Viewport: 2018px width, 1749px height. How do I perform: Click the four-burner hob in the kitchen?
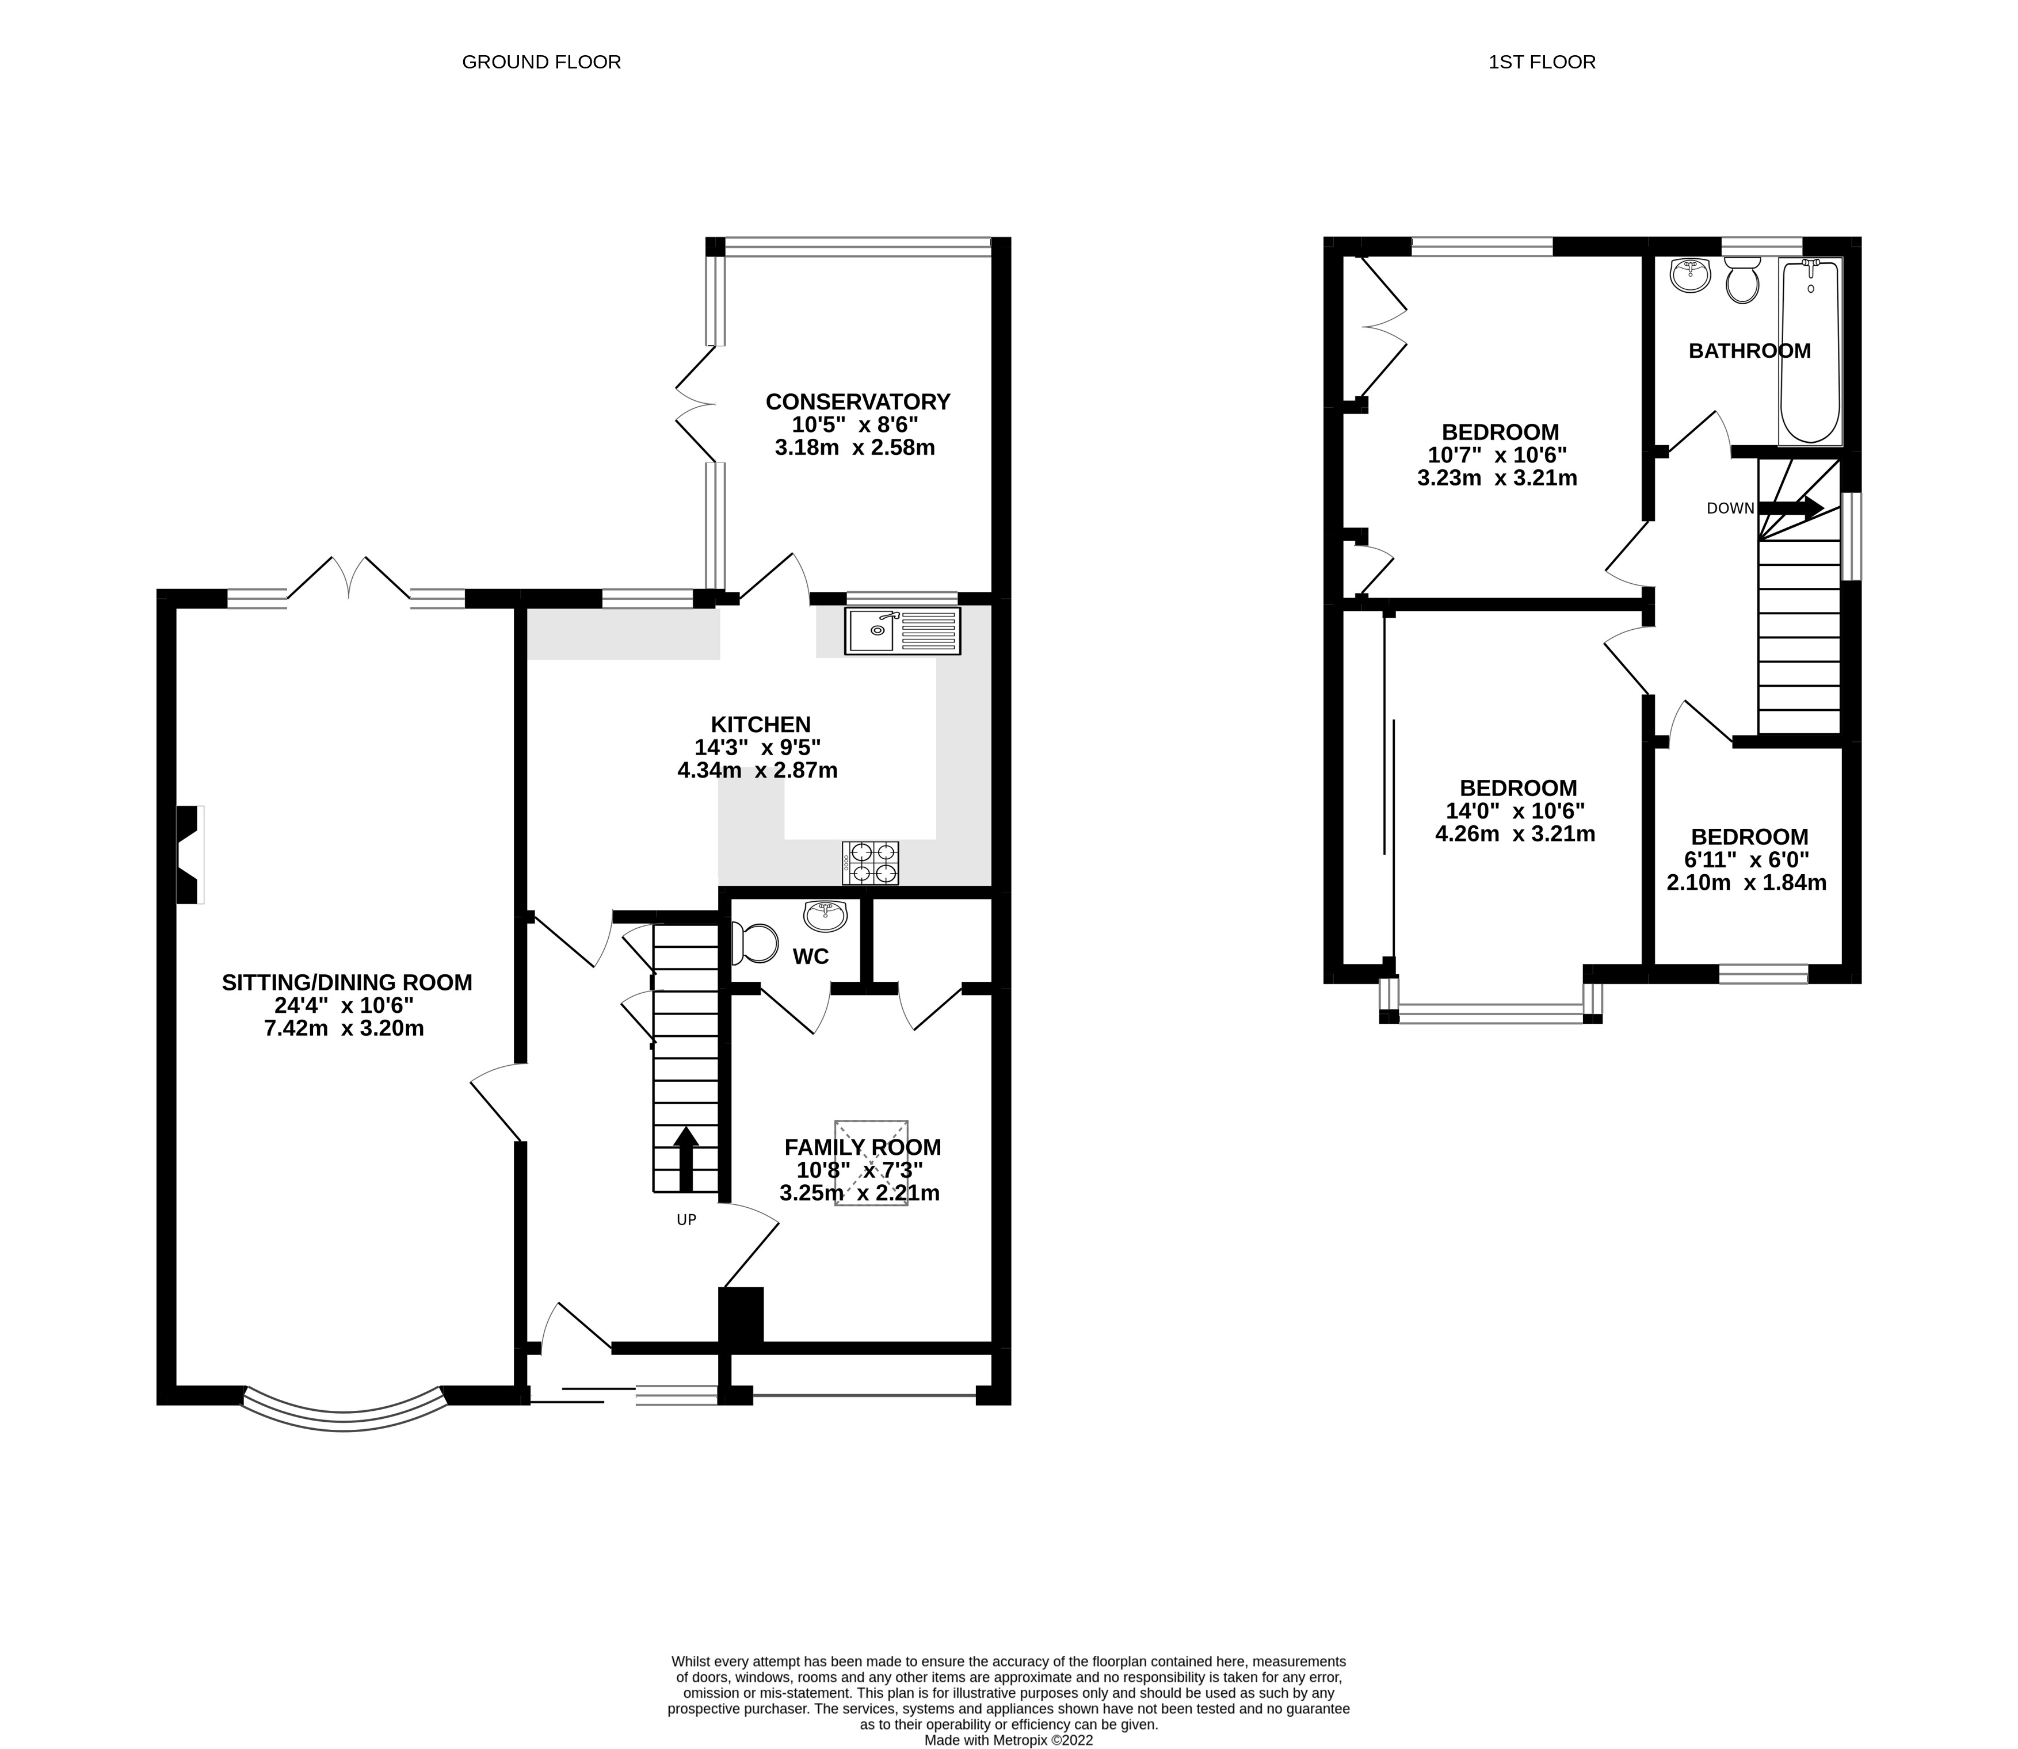870,863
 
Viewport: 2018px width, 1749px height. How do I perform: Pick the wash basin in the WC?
825,916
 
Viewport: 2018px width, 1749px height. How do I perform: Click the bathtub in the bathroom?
1810,351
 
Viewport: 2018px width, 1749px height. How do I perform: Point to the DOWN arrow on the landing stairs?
1790,507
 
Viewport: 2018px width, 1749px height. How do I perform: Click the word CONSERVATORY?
857,401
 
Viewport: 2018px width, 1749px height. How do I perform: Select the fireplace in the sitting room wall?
188,854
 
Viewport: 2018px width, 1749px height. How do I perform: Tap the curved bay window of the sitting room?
344,1420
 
